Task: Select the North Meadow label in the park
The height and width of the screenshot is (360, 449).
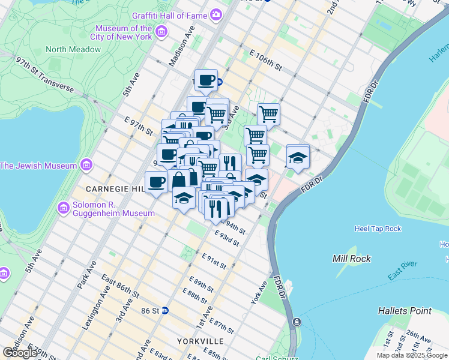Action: tap(73, 49)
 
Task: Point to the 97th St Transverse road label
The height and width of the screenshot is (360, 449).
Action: tap(45, 74)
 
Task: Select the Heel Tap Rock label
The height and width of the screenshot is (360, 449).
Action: tap(378, 229)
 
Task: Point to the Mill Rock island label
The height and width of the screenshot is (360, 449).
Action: tap(351, 259)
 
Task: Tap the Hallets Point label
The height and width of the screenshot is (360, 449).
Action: tap(404, 311)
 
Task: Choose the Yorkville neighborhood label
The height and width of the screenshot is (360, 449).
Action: tap(200, 341)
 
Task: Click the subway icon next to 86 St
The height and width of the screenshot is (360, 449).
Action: tap(165, 311)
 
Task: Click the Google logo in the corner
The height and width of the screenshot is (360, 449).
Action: tap(20, 353)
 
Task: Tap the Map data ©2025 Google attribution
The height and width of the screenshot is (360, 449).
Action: tap(411, 355)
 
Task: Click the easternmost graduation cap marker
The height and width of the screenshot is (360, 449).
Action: tap(298, 157)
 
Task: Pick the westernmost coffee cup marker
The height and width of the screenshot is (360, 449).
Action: tap(156, 182)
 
